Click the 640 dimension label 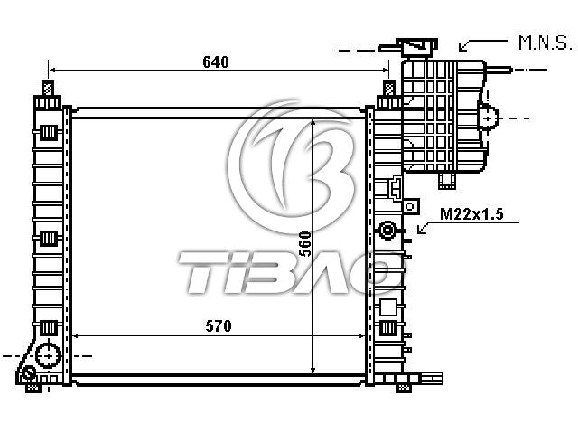pos(216,61)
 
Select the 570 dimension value pos(219,325)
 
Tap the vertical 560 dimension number pos(305,244)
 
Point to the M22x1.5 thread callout pos(471,214)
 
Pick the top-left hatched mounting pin pos(48,89)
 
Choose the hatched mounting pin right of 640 pos(389,89)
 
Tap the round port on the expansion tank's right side pos(489,118)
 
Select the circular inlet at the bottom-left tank pos(48,356)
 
